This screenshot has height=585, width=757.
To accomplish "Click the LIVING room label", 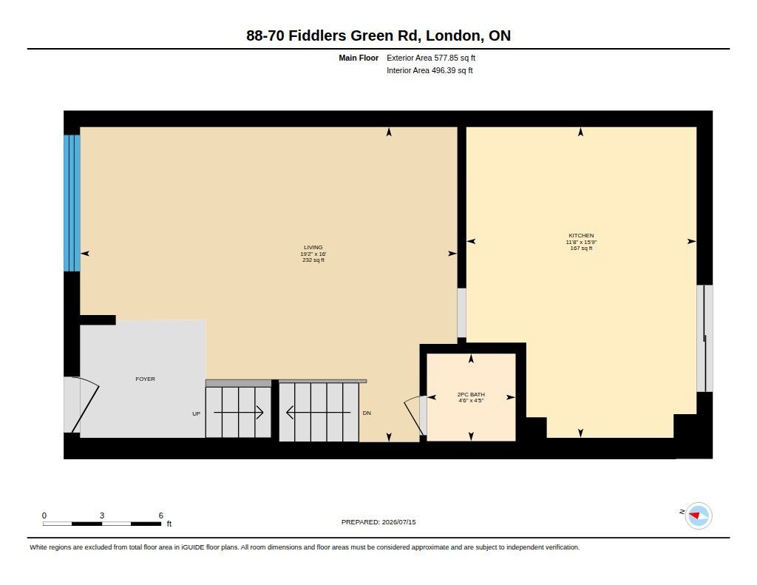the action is (x=313, y=247).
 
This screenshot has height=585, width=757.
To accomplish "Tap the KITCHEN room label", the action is (x=581, y=236).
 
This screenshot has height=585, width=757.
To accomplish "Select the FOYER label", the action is (x=146, y=379).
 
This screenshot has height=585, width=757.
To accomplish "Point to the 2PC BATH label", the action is (x=471, y=395).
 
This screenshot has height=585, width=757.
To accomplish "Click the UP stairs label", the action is (x=196, y=414).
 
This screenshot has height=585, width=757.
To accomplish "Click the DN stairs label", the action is (x=367, y=413).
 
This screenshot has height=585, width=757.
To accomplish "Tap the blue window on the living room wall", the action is (x=72, y=203).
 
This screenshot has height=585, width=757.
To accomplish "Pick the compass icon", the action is (x=698, y=516).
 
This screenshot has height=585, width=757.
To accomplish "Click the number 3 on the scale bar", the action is (x=102, y=515).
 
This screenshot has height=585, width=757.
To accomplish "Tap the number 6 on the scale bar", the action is (x=160, y=515).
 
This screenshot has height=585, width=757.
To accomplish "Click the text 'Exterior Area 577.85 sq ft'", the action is (x=431, y=58).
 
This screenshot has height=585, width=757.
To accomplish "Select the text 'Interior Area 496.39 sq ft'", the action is (x=430, y=70).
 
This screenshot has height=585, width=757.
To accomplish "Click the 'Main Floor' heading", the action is (x=359, y=58).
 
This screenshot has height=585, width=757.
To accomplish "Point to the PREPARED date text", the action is (x=378, y=522).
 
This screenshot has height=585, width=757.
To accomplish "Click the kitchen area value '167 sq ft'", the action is (x=581, y=248).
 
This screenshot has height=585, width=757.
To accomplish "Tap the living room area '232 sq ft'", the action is (x=313, y=260).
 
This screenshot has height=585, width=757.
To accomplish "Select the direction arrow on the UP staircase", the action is (x=239, y=413).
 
